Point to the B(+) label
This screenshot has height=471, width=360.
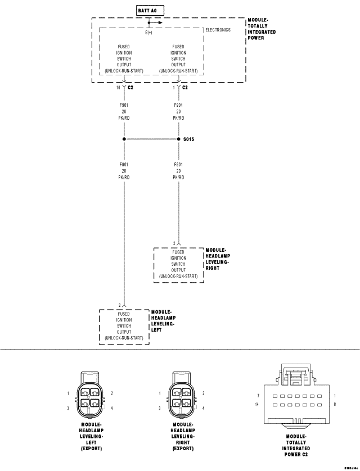[149, 32]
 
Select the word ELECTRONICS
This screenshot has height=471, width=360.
[218, 30]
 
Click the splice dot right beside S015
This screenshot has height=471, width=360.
[179, 139]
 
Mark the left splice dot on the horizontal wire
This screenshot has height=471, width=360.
[124, 139]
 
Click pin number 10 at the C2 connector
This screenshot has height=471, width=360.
[119, 88]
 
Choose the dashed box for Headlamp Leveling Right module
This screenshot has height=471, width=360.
[179, 264]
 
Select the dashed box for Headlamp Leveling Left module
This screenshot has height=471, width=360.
[124, 326]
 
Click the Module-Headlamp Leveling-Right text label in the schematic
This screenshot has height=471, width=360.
[218, 258]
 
